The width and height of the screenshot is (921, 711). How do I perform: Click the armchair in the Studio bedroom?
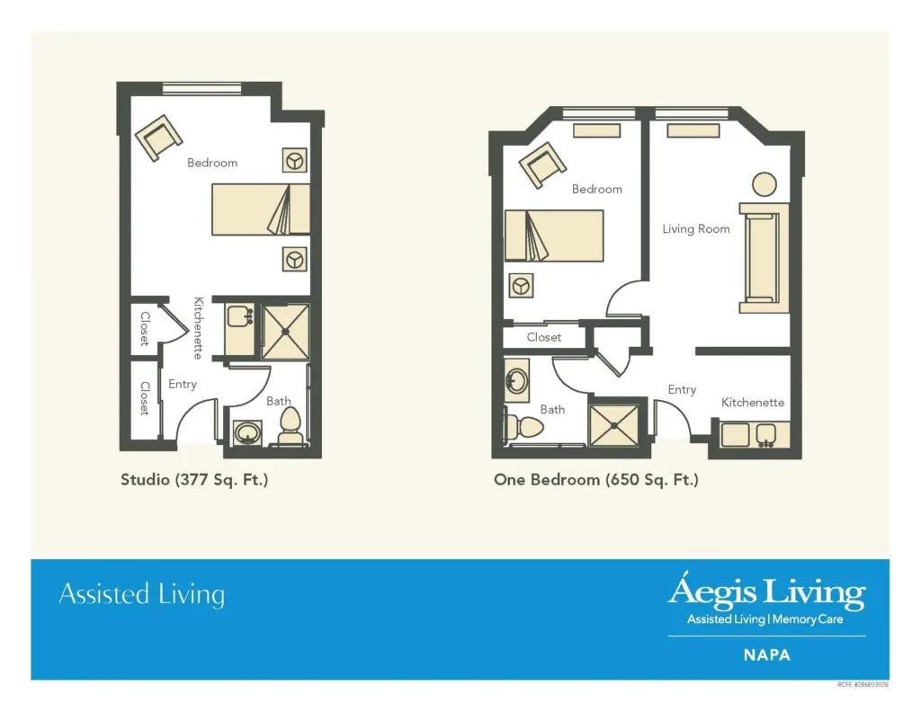click(159, 138)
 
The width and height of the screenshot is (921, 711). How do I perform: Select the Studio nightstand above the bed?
click(294, 160)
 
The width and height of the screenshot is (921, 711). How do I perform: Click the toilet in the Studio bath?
click(290, 426)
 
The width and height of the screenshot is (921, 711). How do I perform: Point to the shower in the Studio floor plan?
click(285, 331)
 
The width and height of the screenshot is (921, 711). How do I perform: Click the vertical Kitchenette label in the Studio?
click(198, 327)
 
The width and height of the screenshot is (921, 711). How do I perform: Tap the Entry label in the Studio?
click(183, 384)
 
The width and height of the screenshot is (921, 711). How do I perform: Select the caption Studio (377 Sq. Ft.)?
click(194, 480)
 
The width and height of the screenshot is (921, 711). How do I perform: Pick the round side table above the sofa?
click(764, 184)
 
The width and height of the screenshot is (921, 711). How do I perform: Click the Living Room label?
click(696, 229)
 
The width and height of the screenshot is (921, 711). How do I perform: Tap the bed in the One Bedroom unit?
click(554, 236)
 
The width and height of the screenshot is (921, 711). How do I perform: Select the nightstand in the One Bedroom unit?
click(520, 286)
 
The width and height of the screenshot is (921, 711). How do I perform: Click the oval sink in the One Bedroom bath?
click(516, 380)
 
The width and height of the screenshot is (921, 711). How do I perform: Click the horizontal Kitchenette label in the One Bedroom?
click(753, 403)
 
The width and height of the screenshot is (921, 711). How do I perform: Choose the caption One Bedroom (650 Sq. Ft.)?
click(595, 480)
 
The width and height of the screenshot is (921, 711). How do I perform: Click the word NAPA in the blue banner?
click(766, 655)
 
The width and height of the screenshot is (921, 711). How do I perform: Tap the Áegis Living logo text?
click(766, 593)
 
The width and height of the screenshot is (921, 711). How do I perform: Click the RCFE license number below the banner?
click(862, 685)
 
